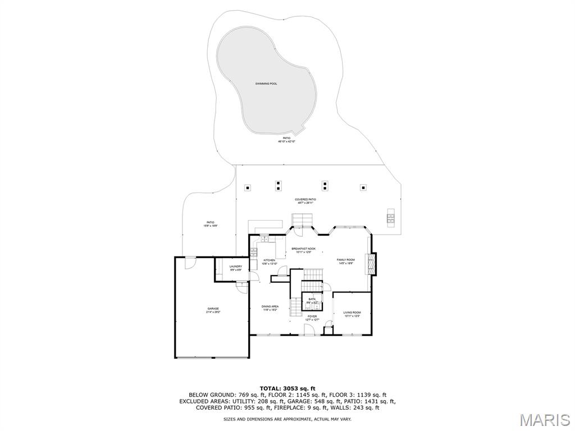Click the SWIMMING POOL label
click(266, 84)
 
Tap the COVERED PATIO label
click(305, 200)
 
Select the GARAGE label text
click(213, 309)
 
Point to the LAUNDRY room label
click(235, 267)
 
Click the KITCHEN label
click(270, 260)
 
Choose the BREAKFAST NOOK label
click(303, 249)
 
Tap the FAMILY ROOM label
click(345, 260)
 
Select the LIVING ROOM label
click(352, 313)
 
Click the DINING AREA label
click(270, 306)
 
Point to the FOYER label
click(312, 317)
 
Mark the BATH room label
click(312, 299)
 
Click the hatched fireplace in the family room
click(371, 263)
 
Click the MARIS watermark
click(544, 419)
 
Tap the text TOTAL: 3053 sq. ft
click(287, 388)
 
